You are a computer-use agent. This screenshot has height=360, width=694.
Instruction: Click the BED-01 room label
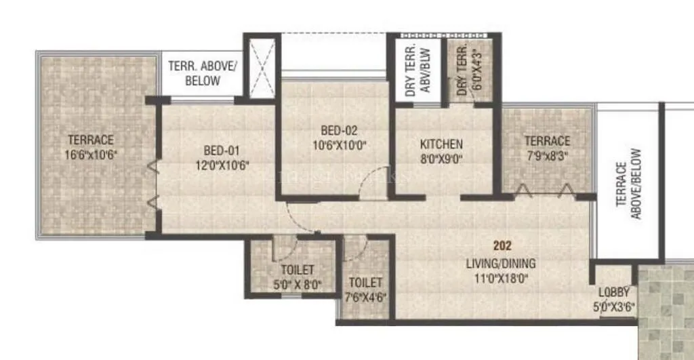(x=222, y=151)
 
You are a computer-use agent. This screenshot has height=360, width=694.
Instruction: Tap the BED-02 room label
(x=340, y=131)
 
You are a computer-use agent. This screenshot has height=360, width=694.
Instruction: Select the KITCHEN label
(x=441, y=144)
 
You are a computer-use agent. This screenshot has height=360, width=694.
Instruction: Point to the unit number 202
(x=503, y=246)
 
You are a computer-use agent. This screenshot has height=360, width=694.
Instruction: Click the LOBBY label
(x=615, y=293)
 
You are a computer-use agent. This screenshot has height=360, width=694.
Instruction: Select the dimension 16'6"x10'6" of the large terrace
(x=91, y=154)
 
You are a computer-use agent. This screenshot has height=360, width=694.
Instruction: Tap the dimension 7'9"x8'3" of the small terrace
(x=547, y=155)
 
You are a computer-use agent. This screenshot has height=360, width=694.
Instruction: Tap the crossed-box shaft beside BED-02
(x=261, y=69)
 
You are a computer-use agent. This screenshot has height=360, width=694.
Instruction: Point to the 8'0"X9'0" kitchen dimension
(x=441, y=158)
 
